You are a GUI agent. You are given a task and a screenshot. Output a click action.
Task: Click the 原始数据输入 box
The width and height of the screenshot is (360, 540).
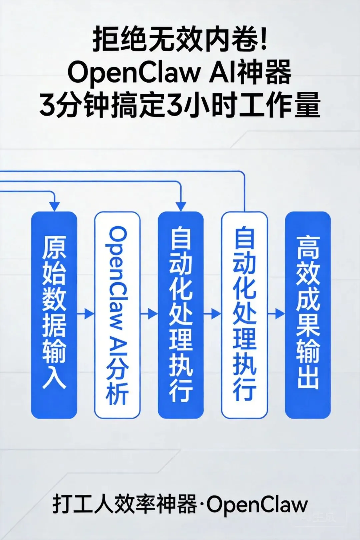pos(54,315)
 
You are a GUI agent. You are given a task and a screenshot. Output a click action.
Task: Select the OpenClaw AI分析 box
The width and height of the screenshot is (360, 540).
pos(117,315)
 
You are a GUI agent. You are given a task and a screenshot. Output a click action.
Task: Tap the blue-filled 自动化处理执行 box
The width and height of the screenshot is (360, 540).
pos(181,315)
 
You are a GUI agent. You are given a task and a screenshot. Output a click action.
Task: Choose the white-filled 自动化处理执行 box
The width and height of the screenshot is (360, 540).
pos(244,315)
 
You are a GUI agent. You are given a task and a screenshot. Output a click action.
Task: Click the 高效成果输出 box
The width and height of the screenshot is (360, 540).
pos(308,315)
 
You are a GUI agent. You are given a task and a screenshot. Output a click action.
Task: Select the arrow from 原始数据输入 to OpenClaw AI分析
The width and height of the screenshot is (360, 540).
pos(86,314)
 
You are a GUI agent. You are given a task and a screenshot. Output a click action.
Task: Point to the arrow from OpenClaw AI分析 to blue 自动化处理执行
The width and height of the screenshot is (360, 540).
pos(149,314)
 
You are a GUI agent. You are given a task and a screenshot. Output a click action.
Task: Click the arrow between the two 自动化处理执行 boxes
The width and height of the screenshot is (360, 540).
pos(212,314)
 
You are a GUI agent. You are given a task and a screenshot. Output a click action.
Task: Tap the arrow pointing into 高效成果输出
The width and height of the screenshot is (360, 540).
pos(276,314)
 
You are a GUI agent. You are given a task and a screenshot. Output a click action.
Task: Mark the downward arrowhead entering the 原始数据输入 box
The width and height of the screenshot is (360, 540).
pos(54,206)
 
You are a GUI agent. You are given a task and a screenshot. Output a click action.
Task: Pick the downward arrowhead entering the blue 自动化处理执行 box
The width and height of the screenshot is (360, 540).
pos(181,206)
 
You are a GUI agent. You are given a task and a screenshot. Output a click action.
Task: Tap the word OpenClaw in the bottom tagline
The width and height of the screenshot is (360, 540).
pos(257,504)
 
